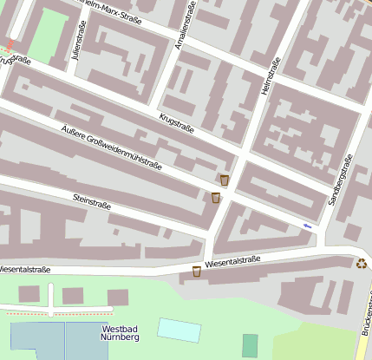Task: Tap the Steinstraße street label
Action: coord(91,201)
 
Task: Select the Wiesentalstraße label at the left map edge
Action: coord(24,270)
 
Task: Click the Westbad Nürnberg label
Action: coord(121,333)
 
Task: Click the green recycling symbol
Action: coord(362,263)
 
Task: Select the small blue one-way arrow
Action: coord(308,226)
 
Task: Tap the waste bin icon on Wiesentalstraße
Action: coord(197,272)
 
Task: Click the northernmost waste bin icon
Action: coord(225,180)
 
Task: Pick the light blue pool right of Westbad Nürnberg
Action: coord(179,330)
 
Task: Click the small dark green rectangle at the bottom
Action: coord(250,345)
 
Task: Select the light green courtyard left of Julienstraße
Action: coord(51,31)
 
